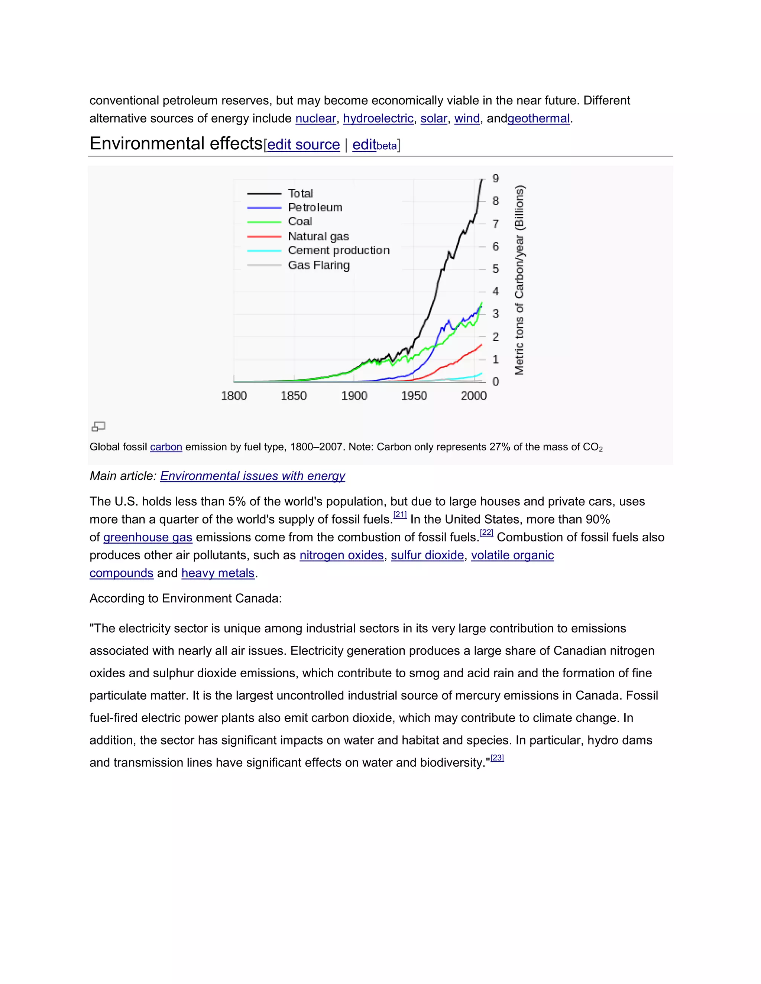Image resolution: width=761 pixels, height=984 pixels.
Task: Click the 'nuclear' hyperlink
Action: click(315, 118)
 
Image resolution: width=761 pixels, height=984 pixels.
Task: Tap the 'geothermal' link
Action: click(539, 118)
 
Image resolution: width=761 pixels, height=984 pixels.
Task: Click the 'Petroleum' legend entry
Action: click(315, 207)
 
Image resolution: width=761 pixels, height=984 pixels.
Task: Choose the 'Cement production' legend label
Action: click(339, 251)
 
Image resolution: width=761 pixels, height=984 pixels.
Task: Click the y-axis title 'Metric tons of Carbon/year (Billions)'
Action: click(519, 280)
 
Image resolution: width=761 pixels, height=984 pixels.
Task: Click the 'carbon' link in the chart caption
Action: click(166, 447)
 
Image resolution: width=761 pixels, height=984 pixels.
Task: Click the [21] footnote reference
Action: click(400, 515)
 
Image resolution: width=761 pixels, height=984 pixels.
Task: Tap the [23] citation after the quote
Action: click(497, 758)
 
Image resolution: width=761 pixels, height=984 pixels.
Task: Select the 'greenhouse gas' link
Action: click(148, 538)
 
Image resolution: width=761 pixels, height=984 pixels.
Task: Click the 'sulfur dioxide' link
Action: click(427, 555)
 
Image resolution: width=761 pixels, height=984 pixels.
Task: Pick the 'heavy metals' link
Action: click(218, 573)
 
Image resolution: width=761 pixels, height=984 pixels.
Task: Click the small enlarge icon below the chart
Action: click(98, 426)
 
